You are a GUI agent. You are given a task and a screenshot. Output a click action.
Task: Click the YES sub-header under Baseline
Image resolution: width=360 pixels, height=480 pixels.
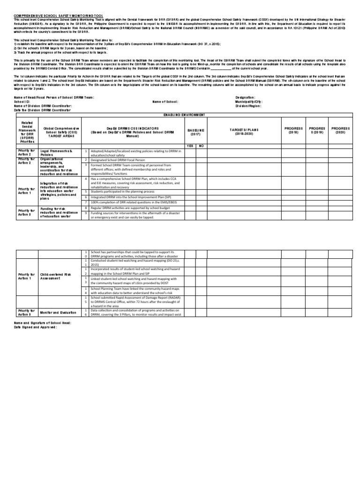coord(190,146)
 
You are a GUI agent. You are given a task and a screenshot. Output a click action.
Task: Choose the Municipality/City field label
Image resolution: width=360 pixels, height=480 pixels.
coord(249,101)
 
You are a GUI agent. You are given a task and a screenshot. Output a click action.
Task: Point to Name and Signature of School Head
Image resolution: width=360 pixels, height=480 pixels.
coord(43,323)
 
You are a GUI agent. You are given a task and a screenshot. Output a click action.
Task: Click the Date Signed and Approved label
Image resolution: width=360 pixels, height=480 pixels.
coord(35,327)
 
